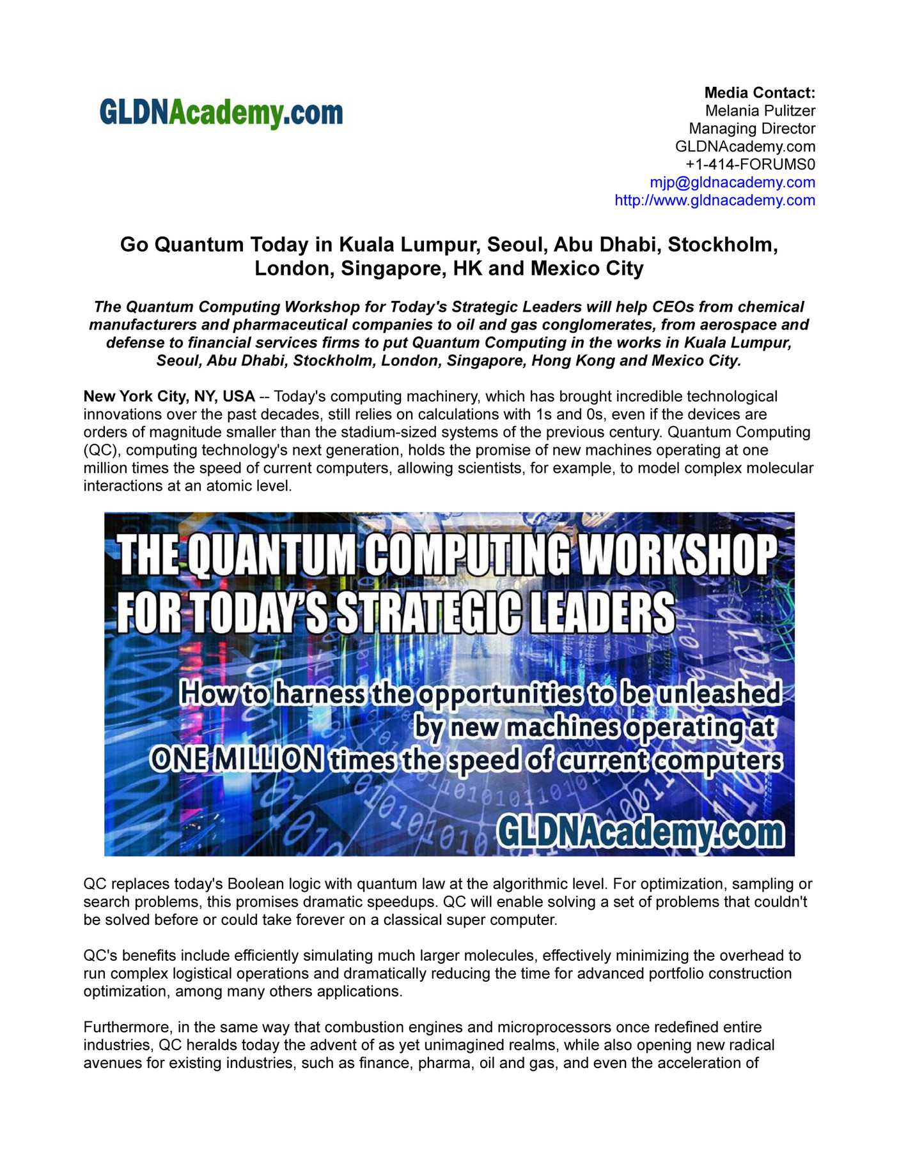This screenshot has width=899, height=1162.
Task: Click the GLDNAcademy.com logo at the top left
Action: (221, 113)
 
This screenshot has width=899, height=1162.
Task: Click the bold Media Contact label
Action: (759, 93)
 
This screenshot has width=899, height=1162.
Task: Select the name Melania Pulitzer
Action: (760, 111)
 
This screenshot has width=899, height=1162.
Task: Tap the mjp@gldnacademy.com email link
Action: (732, 182)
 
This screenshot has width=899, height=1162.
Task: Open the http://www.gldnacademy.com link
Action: (714, 200)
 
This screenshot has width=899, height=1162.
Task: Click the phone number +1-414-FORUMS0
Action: (750, 164)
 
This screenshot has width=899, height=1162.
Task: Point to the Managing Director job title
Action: (751, 128)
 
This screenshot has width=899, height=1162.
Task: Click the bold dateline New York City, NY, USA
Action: (169, 396)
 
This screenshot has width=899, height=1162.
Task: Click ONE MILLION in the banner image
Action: (237, 760)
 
